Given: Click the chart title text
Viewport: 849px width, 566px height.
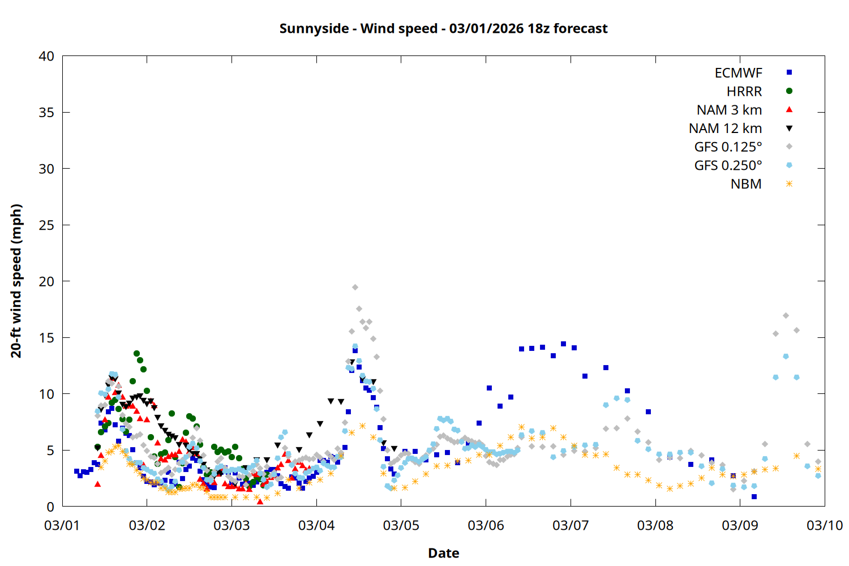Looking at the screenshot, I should point(443,28).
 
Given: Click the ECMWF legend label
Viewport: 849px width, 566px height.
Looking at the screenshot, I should point(738,73).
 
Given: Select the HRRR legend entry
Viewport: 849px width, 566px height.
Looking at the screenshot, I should point(744,92).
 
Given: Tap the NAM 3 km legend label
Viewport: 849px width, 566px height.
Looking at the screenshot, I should point(729,110).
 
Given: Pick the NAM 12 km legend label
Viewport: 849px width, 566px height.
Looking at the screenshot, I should point(725,128).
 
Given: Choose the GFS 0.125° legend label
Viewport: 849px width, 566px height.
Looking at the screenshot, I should point(728,147).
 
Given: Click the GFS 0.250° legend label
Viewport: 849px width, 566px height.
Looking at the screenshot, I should point(728,165).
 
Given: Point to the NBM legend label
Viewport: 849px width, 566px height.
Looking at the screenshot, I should point(746,184).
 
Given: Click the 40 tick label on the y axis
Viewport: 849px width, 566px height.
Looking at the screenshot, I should point(46,56).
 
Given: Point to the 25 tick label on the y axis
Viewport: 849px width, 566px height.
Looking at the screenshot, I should point(46,225).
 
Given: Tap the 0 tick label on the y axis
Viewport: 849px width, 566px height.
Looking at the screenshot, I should point(50,507).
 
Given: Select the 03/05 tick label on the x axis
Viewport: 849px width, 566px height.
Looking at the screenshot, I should point(401,525).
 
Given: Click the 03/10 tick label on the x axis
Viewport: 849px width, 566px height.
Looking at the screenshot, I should point(824,525).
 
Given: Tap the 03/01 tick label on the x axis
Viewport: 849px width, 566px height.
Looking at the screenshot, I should point(62,525).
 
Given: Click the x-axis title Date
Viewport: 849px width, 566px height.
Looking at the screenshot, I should point(443,553).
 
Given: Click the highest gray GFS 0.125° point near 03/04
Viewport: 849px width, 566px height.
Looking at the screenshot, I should point(355,288).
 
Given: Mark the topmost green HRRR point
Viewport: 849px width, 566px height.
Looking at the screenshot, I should point(136,353).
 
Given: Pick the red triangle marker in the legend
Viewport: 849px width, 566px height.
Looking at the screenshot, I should point(789,109).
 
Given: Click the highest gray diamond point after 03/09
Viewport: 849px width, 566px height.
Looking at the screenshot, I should point(786,315).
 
